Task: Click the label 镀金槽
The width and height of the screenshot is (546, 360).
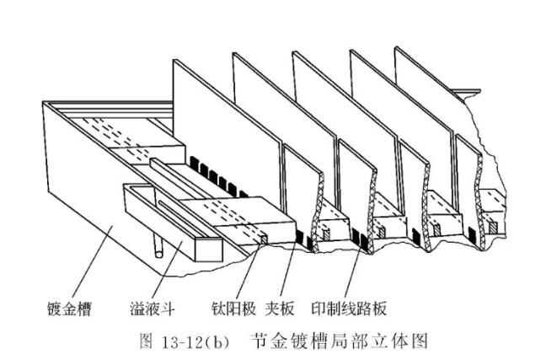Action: click(x=69, y=309)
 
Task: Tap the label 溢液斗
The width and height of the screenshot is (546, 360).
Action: click(x=153, y=309)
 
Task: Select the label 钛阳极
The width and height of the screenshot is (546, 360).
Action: click(x=233, y=309)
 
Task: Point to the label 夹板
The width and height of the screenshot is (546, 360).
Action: click(x=280, y=309)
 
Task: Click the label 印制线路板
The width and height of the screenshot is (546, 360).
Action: click(x=349, y=309)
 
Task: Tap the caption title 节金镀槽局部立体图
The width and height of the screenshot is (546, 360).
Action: click(x=339, y=341)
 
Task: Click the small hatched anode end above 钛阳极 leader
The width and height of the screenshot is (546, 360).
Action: click(x=264, y=239)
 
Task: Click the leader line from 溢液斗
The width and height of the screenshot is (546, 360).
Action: click(x=167, y=270)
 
